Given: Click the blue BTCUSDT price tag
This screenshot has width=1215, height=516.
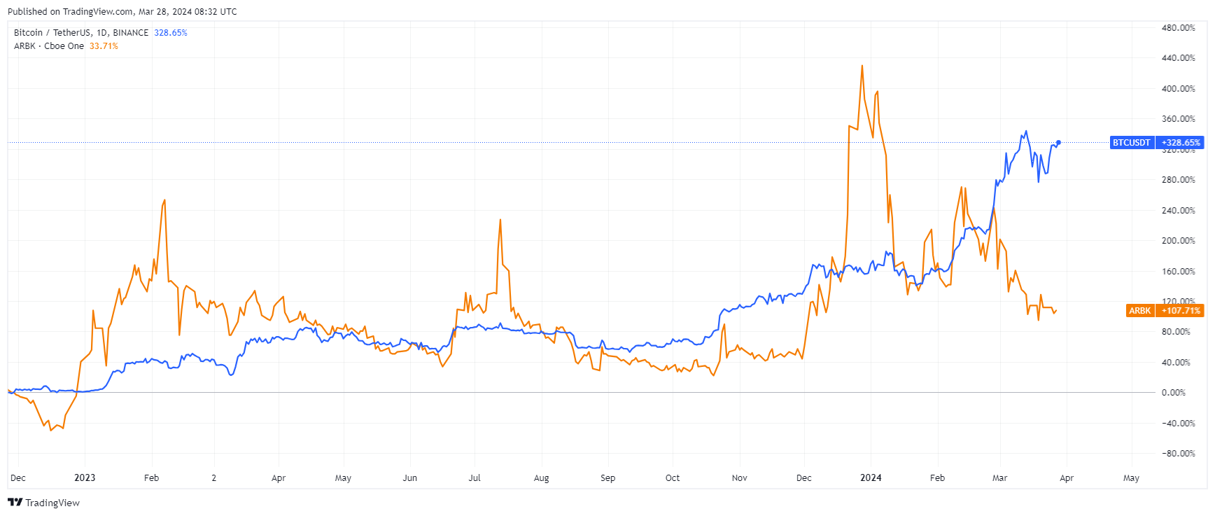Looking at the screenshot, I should (x=1131, y=143).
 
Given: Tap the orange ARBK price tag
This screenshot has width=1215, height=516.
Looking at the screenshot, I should (x=1139, y=311).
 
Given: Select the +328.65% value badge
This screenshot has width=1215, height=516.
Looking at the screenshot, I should (x=1180, y=143).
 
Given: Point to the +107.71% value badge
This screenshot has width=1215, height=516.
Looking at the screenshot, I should (x=1180, y=311).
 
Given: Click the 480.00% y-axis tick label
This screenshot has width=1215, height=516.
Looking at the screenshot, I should (x=1178, y=28).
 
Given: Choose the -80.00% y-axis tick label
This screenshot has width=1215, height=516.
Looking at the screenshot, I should (x=1178, y=454).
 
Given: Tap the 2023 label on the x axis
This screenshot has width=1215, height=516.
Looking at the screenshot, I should (x=85, y=478).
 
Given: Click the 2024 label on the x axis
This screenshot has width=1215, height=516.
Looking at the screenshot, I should (x=871, y=478).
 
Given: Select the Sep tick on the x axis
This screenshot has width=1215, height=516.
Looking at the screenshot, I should (x=607, y=478).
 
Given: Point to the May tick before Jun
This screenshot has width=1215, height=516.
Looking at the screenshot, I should (x=343, y=478).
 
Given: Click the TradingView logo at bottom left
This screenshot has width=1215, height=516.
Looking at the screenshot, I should (x=44, y=503).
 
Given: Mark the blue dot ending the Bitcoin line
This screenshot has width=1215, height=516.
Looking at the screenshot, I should (x=1058, y=143).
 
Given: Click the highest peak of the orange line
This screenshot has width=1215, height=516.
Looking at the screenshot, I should (x=862, y=66).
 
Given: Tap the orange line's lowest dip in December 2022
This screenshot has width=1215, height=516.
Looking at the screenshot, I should (x=51, y=430).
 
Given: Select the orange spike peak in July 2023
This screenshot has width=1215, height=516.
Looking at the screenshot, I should (x=500, y=220).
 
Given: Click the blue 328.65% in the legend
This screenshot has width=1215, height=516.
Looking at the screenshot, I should (x=171, y=33).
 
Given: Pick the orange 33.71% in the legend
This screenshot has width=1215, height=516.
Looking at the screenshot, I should (x=104, y=46).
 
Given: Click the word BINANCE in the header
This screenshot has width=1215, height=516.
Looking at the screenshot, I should (x=131, y=33).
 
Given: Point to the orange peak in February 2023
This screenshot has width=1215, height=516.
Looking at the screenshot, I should (x=164, y=200).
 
